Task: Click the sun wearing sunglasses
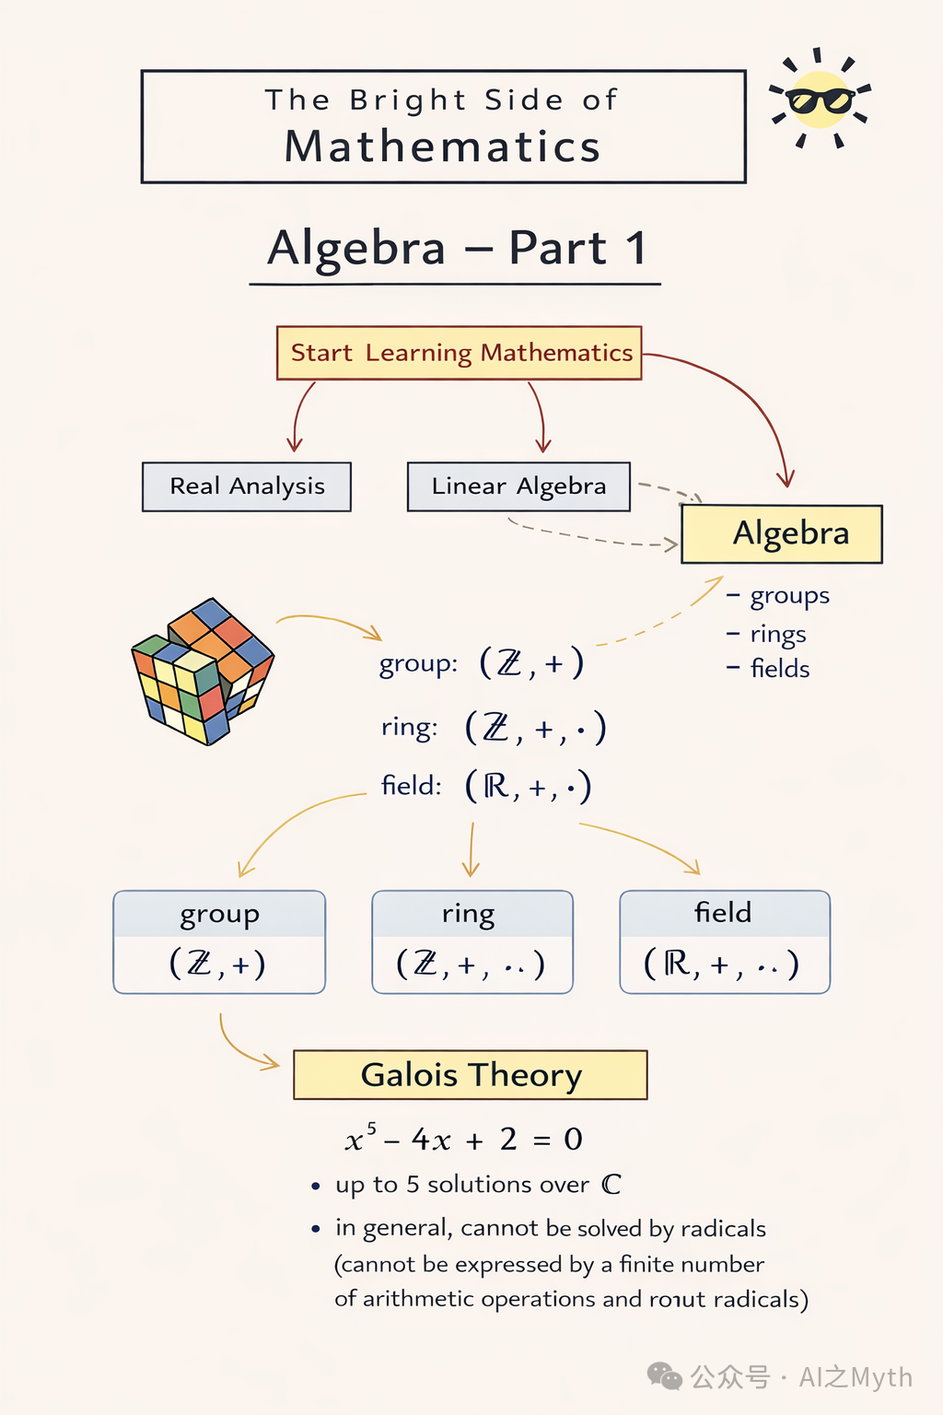pos(820,99)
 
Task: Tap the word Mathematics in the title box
pos(442,146)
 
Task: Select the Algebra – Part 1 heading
pos(457,248)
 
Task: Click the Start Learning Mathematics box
pos(460,353)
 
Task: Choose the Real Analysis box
pos(246,486)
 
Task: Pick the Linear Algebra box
pos(518,486)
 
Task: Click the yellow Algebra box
pos(782,533)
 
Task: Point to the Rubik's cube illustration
pos(202,671)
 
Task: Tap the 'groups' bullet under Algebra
pos(778,596)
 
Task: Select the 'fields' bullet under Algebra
pos(768,668)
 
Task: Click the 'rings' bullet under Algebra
pos(766,634)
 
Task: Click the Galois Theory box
pos(471,1074)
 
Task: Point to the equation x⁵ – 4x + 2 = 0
pos(463,1139)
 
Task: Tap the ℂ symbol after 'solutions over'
pos(611,1184)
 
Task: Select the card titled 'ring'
pos(472,941)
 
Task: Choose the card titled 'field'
pos(725,941)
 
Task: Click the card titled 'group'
pos(219,941)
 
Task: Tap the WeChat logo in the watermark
pos(665,1375)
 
